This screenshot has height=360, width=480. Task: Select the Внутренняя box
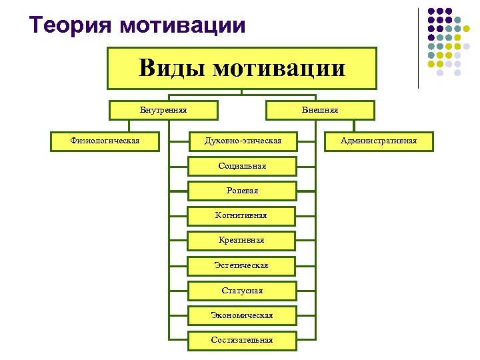click(163, 110)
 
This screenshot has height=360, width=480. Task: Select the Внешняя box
click(320, 110)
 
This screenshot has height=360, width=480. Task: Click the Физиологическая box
click(105, 141)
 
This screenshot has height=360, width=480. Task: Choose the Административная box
click(379, 141)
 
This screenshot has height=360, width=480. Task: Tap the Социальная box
click(242, 166)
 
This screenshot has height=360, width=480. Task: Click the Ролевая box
click(242, 191)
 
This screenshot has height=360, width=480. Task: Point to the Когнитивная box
click(242, 215)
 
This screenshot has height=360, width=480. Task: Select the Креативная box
click(242, 240)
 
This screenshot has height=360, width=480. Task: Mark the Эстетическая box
click(242, 265)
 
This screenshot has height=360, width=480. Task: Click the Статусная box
click(242, 290)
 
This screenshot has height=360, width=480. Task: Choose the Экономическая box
click(242, 315)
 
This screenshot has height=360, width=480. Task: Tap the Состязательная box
click(242, 339)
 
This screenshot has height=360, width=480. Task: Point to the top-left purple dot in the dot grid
click(432, 11)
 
